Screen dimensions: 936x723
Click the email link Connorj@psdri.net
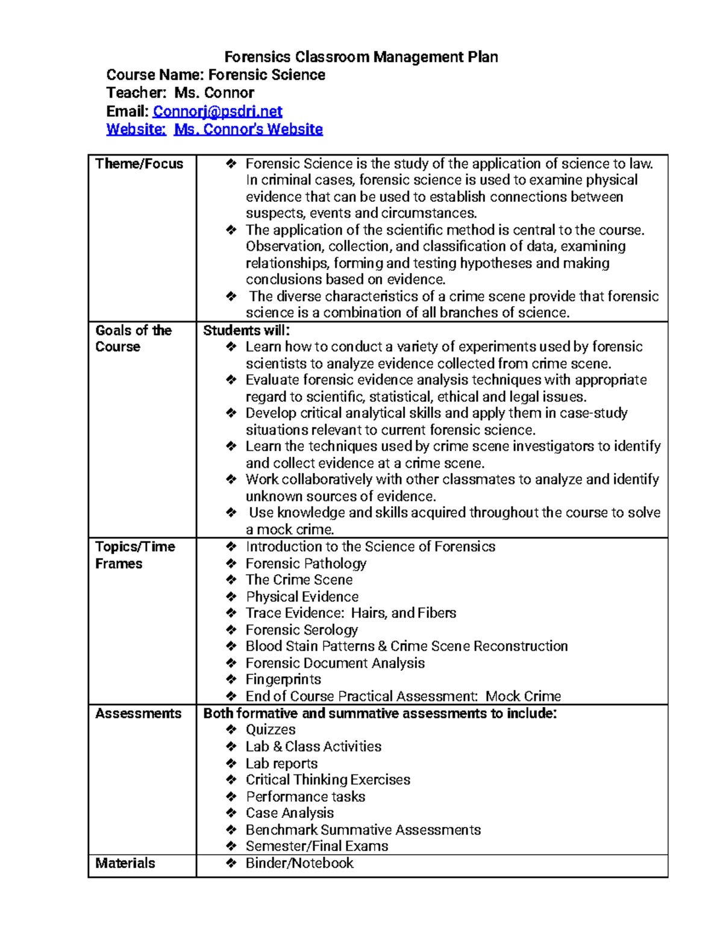(x=217, y=112)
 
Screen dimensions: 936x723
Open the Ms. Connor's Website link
(x=248, y=130)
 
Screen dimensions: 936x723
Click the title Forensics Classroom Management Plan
(x=361, y=57)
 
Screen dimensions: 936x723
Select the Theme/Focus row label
(x=139, y=164)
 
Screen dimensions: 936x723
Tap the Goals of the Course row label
(x=133, y=339)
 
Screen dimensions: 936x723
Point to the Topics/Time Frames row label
(x=135, y=555)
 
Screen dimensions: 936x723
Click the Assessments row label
(x=138, y=714)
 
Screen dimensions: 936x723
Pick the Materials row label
(x=125, y=863)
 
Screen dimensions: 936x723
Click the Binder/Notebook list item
(x=299, y=863)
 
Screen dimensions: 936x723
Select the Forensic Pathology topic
(x=305, y=564)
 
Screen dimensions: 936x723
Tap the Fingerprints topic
(x=283, y=680)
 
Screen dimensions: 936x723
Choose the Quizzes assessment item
(x=271, y=730)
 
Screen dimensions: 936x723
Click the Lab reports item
(x=281, y=764)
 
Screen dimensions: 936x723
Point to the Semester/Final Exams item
(x=316, y=846)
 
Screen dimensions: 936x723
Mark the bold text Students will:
(x=246, y=330)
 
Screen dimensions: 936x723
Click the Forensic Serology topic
(x=301, y=630)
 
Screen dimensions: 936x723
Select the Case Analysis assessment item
(x=289, y=813)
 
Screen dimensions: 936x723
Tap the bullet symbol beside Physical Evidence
(x=231, y=597)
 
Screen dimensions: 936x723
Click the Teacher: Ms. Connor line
(x=180, y=93)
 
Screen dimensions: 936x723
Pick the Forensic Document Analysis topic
(x=335, y=663)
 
